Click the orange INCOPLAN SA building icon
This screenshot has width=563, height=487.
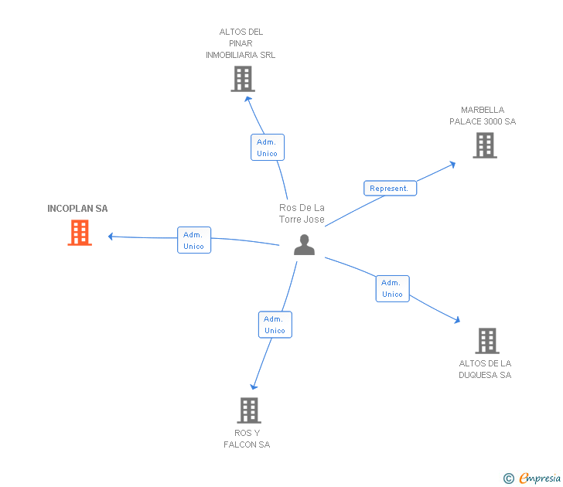[x=80, y=233]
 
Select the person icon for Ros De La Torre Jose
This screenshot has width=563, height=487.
[x=305, y=244]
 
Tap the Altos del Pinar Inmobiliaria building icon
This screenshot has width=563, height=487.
[x=243, y=79]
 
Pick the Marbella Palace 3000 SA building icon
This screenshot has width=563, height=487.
[x=485, y=145]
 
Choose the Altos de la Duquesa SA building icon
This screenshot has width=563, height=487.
[x=486, y=340]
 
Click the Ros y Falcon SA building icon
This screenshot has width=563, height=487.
[x=248, y=410]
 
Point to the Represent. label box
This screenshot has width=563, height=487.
[x=390, y=188]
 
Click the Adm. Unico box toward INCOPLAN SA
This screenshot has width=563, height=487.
[x=193, y=240]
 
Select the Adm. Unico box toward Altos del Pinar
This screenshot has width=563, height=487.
[x=267, y=147]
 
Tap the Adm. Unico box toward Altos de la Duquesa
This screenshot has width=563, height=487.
[x=392, y=288]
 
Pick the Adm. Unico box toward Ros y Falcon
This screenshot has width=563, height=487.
[x=275, y=325]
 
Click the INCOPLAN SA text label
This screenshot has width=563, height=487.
[x=77, y=209]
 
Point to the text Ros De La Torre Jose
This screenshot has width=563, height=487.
[x=302, y=213]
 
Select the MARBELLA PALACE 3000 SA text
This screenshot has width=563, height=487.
[x=483, y=116]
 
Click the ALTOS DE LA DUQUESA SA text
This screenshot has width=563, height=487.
[x=485, y=370]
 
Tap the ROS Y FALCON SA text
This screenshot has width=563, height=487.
[x=247, y=439]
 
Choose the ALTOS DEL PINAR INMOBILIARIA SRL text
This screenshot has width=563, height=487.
[x=241, y=43]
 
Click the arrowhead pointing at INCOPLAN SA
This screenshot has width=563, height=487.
[x=111, y=237]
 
